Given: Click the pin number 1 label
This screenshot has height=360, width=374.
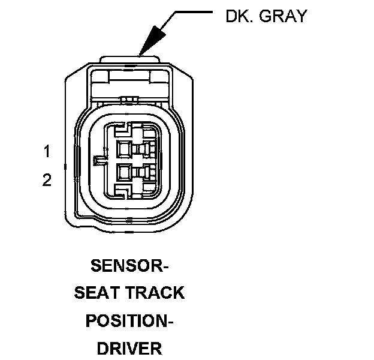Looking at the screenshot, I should click(47, 151).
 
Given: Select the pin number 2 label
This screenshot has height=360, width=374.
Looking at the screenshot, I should click(47, 180).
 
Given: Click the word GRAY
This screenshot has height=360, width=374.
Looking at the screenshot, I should click(281, 16).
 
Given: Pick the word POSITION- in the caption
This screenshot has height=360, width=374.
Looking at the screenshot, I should click(129, 320).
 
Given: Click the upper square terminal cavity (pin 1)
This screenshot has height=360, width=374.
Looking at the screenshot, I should click(125, 149).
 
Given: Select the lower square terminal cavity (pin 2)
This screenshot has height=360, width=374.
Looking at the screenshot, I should click(125, 173).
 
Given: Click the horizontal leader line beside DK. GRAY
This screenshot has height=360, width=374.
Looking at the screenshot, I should click(195, 11).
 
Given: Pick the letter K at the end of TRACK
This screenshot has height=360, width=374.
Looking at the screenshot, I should click(178, 293).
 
